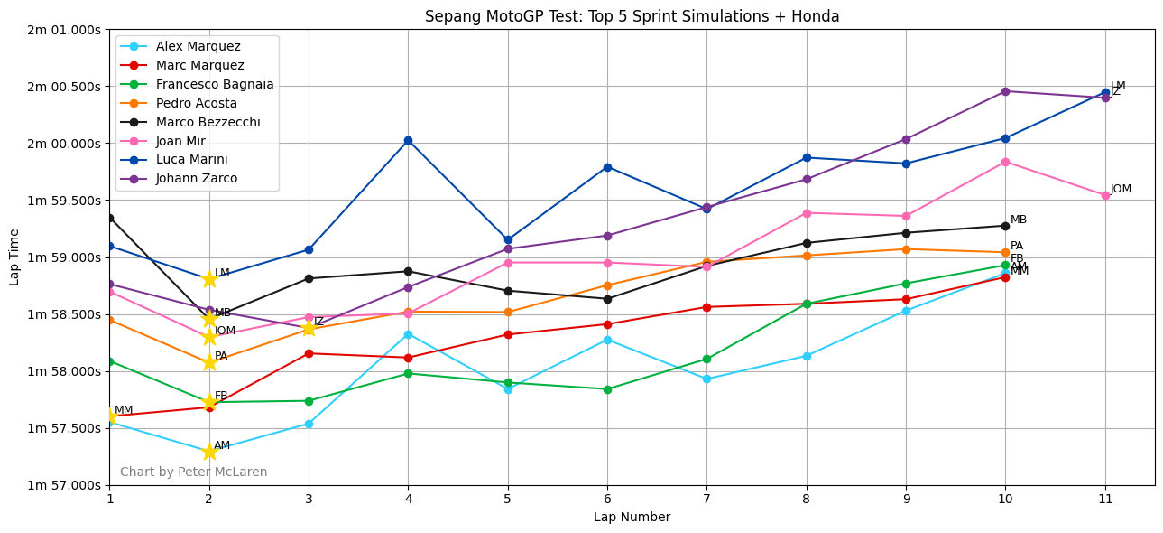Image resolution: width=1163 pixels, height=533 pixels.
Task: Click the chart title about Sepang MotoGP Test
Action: (632, 16)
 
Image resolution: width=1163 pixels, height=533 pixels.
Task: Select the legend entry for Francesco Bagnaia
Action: (215, 84)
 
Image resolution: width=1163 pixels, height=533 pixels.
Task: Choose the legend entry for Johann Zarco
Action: (197, 178)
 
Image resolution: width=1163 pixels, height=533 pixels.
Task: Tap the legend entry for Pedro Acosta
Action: (197, 103)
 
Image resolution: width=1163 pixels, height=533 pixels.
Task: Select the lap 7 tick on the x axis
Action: (706, 498)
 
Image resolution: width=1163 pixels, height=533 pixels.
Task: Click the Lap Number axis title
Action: (632, 518)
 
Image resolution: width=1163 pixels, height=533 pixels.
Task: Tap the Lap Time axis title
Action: (14, 257)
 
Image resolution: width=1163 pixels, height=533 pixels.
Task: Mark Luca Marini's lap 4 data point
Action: (408, 140)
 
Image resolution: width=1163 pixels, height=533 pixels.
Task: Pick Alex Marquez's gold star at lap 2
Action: (209, 451)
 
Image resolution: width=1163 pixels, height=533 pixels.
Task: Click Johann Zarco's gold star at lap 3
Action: (309, 328)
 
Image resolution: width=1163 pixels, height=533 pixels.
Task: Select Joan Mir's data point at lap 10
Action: (1005, 162)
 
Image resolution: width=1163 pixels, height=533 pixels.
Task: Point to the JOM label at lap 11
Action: (1121, 189)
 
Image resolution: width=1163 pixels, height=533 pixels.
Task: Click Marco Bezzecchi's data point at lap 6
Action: (607, 299)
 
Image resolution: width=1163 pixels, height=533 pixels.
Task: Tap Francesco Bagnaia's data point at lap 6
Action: (607, 389)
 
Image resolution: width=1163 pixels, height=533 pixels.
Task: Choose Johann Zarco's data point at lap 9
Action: (906, 139)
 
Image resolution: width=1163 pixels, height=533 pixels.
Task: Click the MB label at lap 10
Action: (1019, 220)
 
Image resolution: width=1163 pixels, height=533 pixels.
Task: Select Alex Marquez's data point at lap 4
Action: (408, 334)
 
